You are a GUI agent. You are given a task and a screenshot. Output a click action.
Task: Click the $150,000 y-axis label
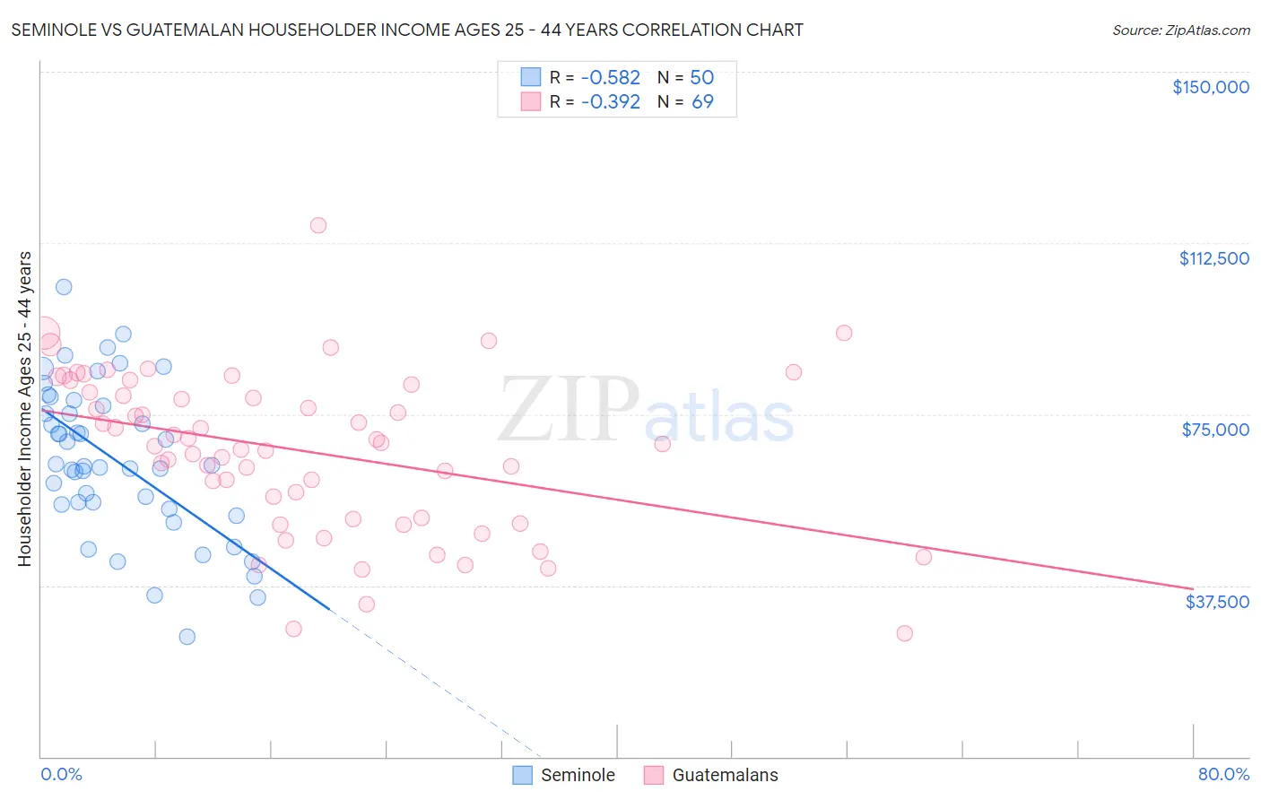tap(1210, 87)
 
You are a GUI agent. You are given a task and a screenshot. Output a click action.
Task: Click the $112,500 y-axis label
tap(1213, 258)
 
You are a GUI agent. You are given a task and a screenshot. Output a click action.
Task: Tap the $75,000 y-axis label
tap(1215, 430)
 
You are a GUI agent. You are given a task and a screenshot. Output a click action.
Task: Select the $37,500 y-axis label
tap(1217, 602)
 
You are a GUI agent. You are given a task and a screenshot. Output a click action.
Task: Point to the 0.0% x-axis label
tap(61, 774)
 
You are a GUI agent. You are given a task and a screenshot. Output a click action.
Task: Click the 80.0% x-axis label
tap(1223, 774)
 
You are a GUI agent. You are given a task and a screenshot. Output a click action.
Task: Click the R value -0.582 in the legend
tap(610, 78)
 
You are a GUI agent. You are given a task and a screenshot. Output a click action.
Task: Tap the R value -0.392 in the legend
tap(610, 102)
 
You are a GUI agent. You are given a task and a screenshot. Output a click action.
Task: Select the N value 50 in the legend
tap(701, 78)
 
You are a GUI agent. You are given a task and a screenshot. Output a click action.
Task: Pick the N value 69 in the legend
tap(702, 102)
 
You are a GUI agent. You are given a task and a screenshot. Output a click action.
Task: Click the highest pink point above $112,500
tap(317, 225)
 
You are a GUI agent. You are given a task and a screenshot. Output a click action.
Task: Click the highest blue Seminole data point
tap(64, 287)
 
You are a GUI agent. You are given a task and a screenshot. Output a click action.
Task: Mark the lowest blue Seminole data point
tap(187, 637)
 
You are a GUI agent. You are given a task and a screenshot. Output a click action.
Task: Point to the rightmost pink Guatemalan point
tap(924, 557)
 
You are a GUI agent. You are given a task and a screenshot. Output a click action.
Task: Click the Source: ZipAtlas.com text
tap(1180, 30)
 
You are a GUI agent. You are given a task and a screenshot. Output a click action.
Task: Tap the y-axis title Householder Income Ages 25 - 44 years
tap(24, 408)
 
